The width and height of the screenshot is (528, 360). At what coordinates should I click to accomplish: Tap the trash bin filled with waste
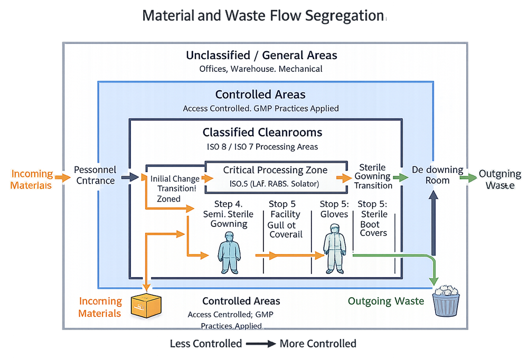click(447, 301)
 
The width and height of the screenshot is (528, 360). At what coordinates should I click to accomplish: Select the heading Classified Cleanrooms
click(262, 132)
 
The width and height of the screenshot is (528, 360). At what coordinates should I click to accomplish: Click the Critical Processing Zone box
click(275, 177)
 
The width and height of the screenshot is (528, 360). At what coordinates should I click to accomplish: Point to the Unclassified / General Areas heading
click(261, 55)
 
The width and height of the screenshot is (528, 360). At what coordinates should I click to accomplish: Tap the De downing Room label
click(437, 175)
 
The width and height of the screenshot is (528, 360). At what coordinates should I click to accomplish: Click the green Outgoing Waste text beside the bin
click(385, 301)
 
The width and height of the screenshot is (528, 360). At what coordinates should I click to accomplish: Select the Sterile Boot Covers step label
click(374, 218)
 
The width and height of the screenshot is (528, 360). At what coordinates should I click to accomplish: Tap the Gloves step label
click(334, 209)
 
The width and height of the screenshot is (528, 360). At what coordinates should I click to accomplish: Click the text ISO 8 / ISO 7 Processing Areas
click(261, 146)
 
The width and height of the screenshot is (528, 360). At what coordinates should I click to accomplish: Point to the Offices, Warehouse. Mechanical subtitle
click(260, 69)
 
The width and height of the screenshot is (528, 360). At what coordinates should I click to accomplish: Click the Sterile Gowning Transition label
click(373, 177)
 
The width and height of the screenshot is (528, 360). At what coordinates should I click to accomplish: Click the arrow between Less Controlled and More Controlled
click(260, 344)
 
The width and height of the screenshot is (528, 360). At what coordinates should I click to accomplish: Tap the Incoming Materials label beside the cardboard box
click(100, 307)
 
